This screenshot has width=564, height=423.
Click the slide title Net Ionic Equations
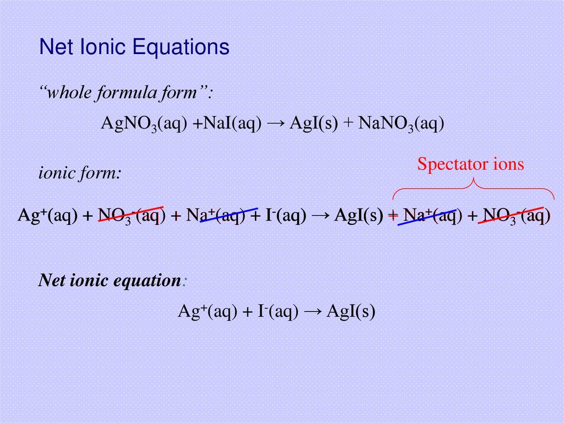point(134,47)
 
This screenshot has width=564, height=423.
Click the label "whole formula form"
point(125,93)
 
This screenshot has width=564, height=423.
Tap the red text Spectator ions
point(470,164)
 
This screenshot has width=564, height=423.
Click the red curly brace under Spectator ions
point(473,188)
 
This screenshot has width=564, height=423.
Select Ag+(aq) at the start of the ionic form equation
point(48,216)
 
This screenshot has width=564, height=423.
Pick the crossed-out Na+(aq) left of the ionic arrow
point(215,216)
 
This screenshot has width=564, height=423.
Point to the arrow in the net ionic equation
point(312,312)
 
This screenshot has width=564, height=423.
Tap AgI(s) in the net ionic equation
point(351,312)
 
